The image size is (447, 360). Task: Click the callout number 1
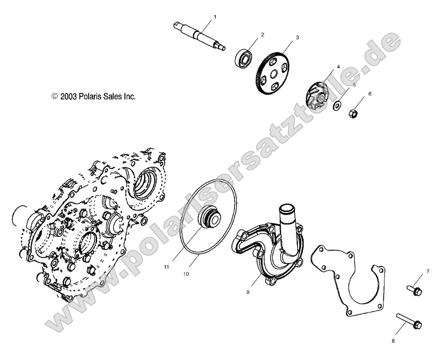click(215, 17)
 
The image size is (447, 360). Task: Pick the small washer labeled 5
click(337, 105)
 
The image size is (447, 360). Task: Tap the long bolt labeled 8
click(408, 321)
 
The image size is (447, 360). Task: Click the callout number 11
click(167, 267)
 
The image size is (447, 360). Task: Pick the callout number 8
click(392, 340)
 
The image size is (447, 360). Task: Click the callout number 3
click(297, 38)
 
